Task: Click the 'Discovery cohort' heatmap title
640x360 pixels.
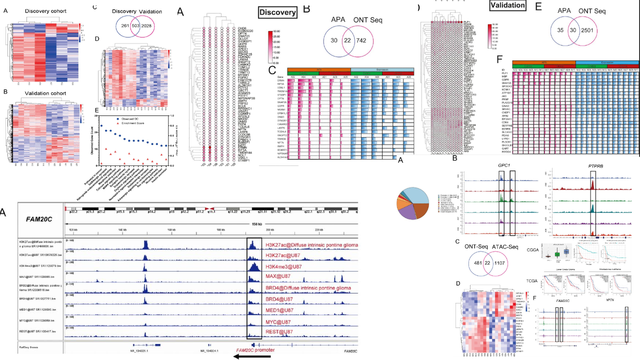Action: [x=43, y=11]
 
